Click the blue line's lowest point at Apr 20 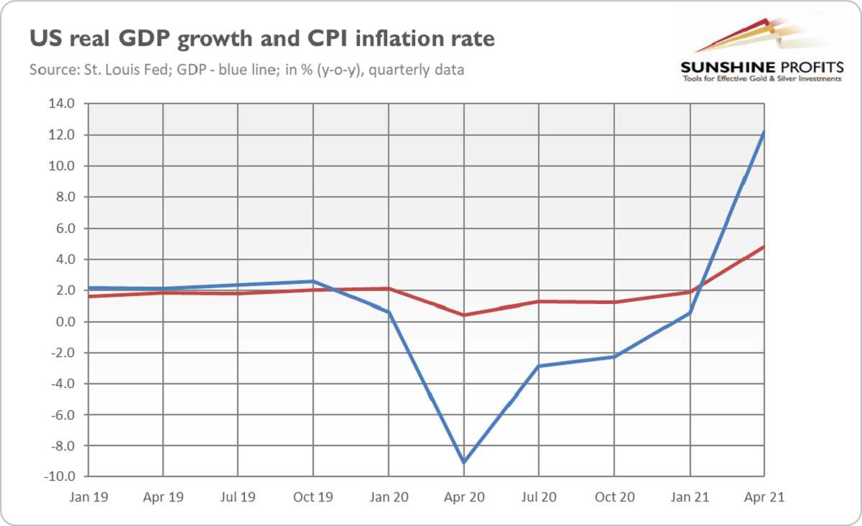pos(464,462)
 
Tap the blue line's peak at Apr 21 pos(764,132)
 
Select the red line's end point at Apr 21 pos(764,246)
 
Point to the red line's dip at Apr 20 pos(464,315)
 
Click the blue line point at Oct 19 pos(313,281)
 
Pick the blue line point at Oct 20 pos(615,356)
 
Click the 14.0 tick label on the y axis pos(62,103)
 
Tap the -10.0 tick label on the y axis pos(60,477)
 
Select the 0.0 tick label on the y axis pos(64,322)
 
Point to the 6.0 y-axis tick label pos(64,229)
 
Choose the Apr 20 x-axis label pos(464,496)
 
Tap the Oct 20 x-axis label pos(615,496)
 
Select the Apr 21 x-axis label pos(764,496)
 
